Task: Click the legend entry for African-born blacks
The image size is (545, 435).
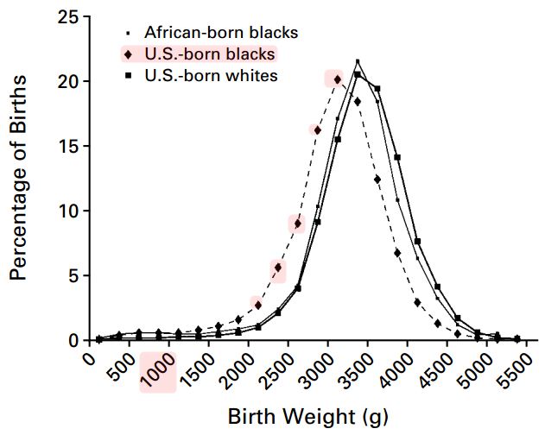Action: [x=221, y=33]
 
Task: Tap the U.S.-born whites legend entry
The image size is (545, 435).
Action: [x=211, y=76]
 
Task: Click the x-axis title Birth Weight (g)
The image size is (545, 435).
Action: [x=307, y=416]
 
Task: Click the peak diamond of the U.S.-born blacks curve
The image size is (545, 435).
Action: [x=338, y=79]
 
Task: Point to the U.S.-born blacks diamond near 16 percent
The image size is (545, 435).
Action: [x=317, y=130]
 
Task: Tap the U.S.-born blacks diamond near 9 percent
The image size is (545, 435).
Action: [x=297, y=224]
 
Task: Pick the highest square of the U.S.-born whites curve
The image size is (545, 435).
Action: [x=358, y=74]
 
